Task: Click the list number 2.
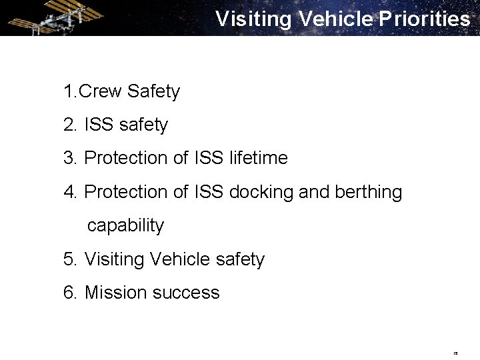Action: click(69, 125)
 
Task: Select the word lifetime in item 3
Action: click(258, 158)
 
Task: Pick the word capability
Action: click(125, 225)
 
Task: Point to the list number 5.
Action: click(69, 259)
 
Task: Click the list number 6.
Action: click(69, 293)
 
